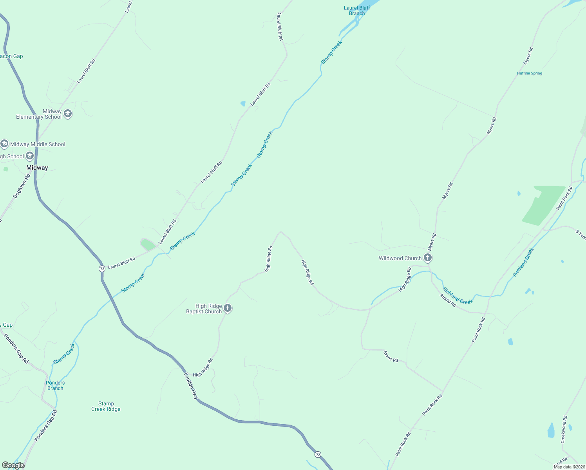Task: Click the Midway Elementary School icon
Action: pyautogui.click(x=68, y=114)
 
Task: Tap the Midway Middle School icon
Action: pyautogui.click(x=4, y=144)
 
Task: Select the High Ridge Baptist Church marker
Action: pyautogui.click(x=228, y=309)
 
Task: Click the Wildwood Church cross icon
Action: pyautogui.click(x=428, y=258)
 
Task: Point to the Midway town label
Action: pyautogui.click(x=37, y=168)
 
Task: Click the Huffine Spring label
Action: pyautogui.click(x=530, y=73)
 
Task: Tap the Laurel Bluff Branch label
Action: pyautogui.click(x=357, y=11)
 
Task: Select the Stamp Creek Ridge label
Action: pyautogui.click(x=106, y=406)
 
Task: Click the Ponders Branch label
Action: pyautogui.click(x=55, y=385)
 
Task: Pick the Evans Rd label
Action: pyautogui.click(x=391, y=356)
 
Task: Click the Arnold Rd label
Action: pyautogui.click(x=448, y=300)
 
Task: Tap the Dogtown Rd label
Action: pyautogui.click(x=21, y=186)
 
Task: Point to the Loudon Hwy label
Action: pyautogui.click(x=191, y=386)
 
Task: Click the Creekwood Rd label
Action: pyautogui.click(x=564, y=429)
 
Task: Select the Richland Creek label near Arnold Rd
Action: pyautogui.click(x=458, y=296)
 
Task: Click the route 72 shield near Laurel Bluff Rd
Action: pyautogui.click(x=102, y=269)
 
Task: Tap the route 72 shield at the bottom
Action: pyautogui.click(x=318, y=455)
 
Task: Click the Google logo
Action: pyautogui.click(x=13, y=465)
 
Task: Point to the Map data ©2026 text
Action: pyautogui.click(x=569, y=467)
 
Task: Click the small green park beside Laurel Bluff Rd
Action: pyautogui.click(x=148, y=244)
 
